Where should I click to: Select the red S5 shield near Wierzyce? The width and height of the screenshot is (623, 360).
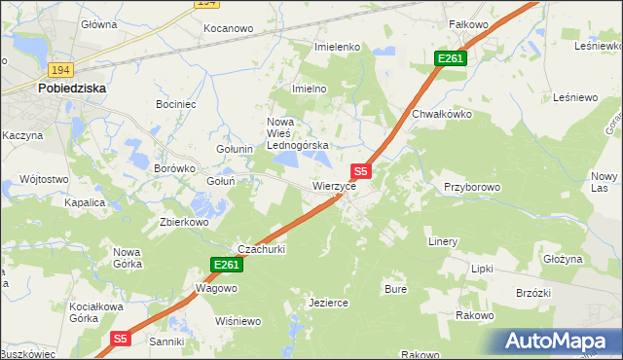click(360, 170)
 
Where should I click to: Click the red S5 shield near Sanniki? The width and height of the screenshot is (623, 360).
click(120, 339)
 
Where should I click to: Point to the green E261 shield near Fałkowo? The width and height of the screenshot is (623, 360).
click(451, 59)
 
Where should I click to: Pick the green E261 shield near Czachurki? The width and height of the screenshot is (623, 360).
click(225, 265)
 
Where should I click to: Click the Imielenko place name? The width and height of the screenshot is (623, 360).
click(338, 47)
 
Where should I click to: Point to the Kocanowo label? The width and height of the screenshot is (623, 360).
click(228, 29)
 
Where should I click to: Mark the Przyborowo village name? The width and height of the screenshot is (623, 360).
click(472, 186)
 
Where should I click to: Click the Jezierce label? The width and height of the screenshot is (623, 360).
click(328, 303)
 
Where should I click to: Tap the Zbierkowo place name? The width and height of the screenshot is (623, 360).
click(185, 222)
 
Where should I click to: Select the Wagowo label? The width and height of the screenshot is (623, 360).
click(216, 288)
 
